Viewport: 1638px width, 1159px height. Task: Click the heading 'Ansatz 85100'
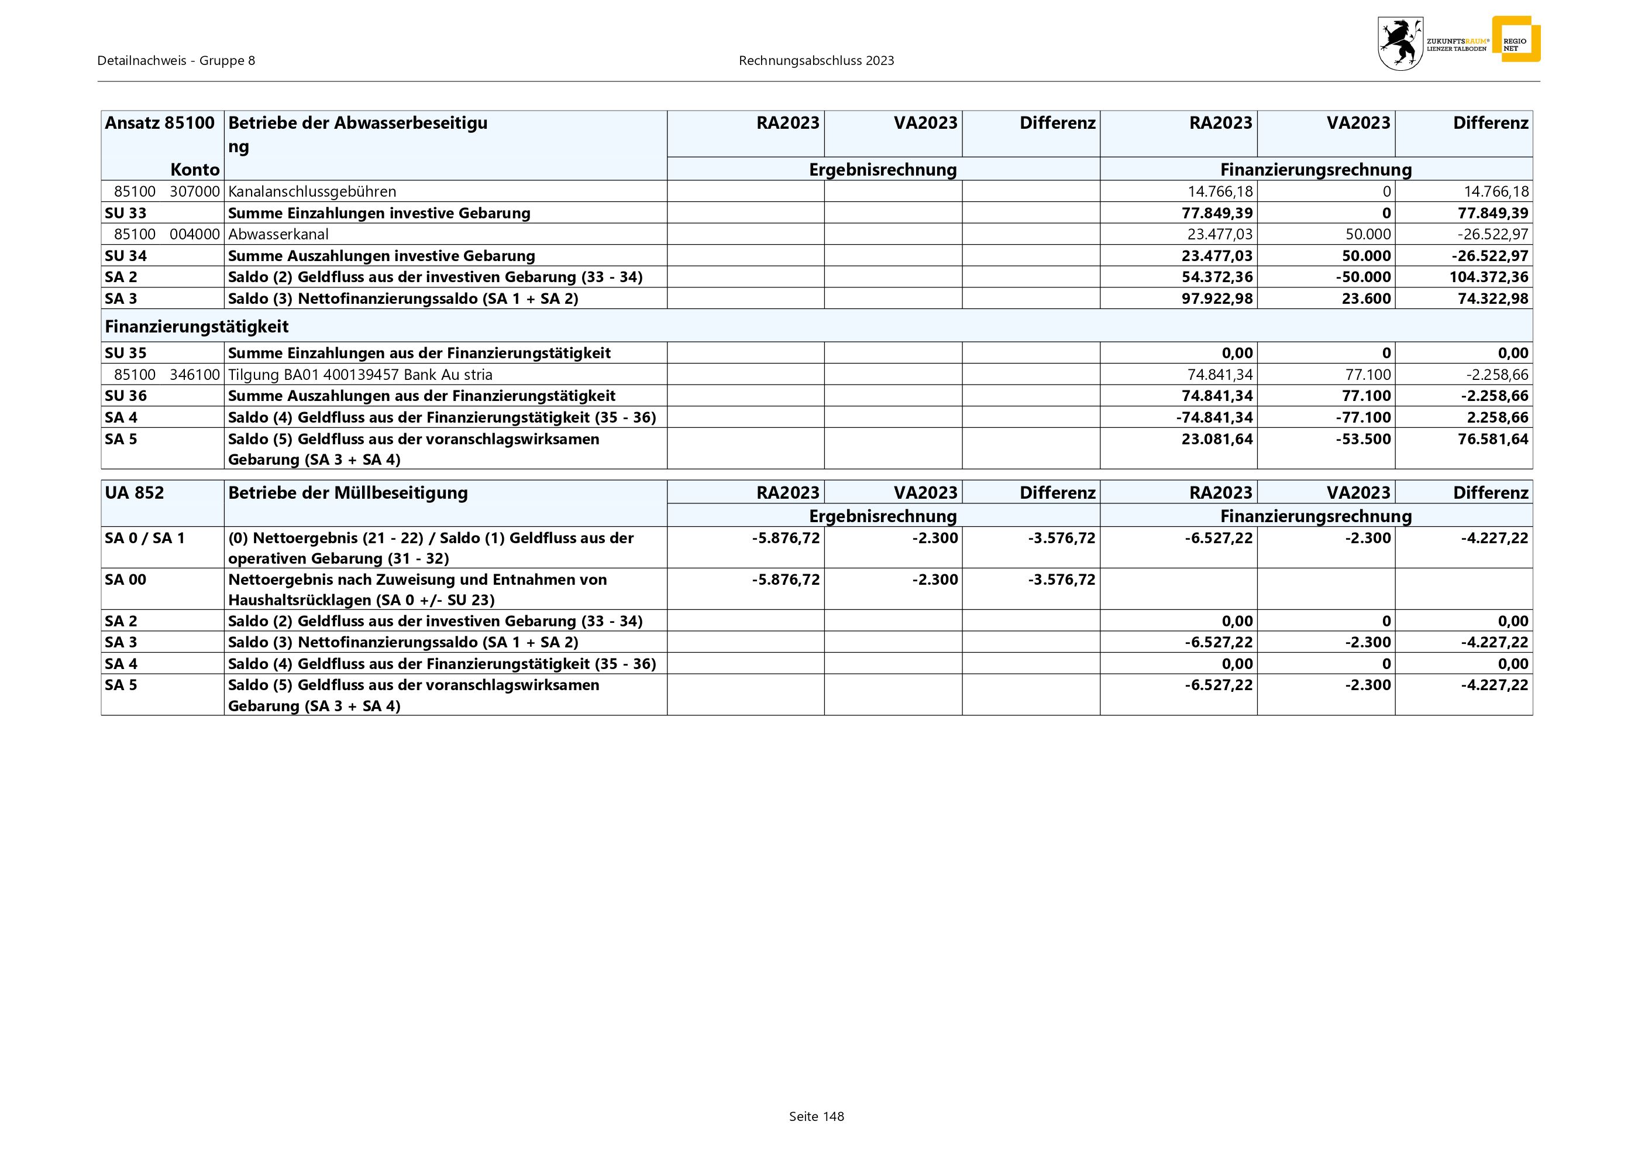point(159,123)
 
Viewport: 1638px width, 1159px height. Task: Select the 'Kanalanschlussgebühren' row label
point(312,191)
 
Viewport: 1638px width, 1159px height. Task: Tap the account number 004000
point(194,234)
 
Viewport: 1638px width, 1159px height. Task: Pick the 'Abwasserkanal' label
point(278,234)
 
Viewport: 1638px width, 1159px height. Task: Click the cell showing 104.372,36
point(1488,277)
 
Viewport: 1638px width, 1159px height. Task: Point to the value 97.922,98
point(1216,299)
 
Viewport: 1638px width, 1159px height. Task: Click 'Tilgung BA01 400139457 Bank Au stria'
point(360,375)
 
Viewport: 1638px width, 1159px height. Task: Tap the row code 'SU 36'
point(126,396)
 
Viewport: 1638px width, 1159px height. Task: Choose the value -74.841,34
point(1214,417)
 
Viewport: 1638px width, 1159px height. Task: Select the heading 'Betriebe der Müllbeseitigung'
point(347,492)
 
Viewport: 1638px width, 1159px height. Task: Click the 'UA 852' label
point(134,492)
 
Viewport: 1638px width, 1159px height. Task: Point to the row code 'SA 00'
point(126,579)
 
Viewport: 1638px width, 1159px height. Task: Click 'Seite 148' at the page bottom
point(816,1116)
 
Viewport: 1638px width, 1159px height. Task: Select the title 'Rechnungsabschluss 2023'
point(816,61)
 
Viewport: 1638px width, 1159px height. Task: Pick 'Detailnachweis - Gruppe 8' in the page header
point(176,61)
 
